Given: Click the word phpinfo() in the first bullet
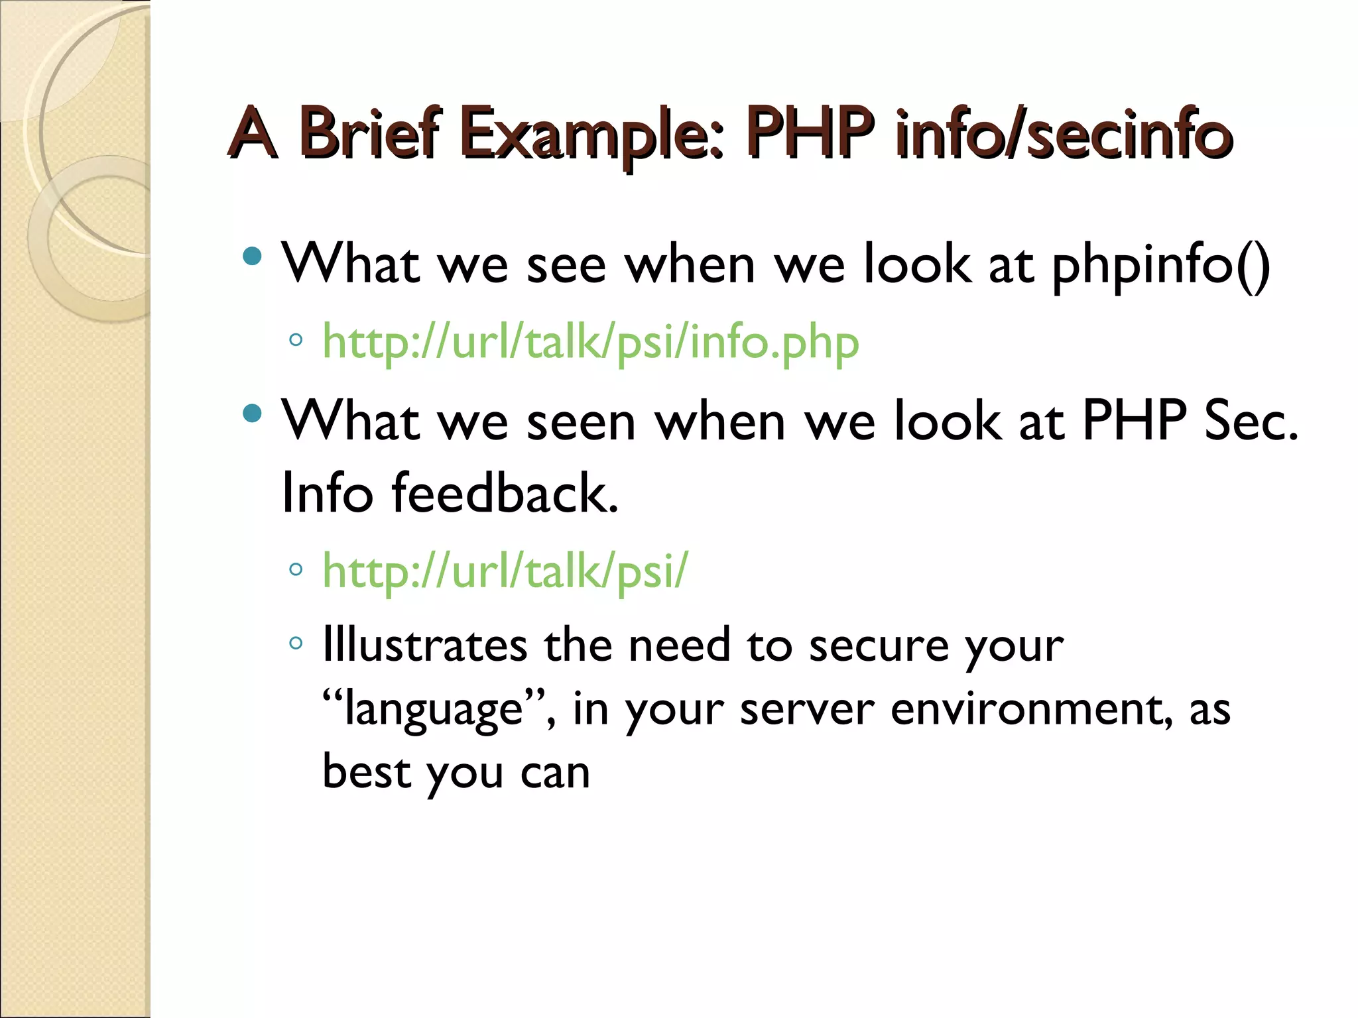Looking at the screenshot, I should click(1161, 265).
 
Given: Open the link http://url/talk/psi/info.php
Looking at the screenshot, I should click(590, 343).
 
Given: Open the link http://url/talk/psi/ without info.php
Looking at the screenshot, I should click(505, 571).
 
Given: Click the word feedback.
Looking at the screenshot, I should click(505, 493).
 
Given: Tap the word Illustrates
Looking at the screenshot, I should click(424, 645).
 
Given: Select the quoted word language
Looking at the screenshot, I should click(435, 709).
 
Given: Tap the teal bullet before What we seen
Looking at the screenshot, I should click(253, 414).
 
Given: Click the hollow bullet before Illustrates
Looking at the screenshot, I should click(296, 642).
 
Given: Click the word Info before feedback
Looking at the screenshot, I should click(328, 493).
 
